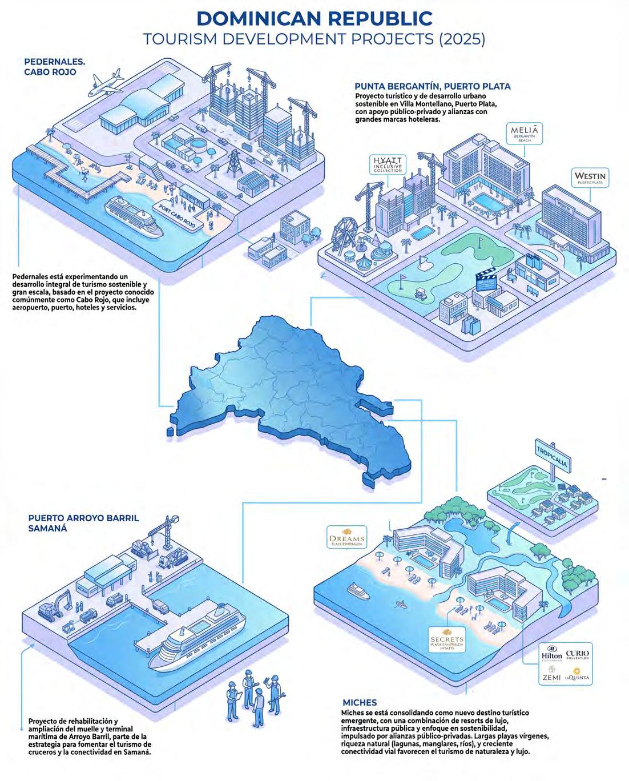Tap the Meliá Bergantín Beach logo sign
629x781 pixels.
523,134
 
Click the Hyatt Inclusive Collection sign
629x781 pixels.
388,163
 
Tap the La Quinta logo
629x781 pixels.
577,678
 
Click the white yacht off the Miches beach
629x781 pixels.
358,590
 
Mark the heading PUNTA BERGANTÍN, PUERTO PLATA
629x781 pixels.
432,87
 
